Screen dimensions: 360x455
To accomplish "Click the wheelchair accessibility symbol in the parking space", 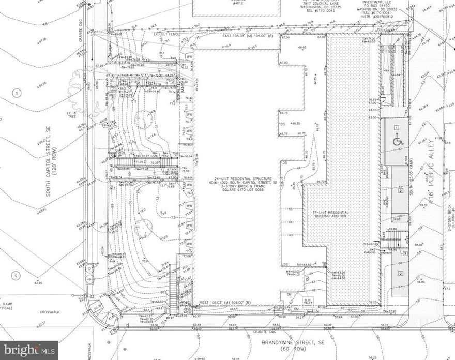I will pos(398,139).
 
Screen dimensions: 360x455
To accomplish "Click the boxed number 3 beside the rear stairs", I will pos(405,253).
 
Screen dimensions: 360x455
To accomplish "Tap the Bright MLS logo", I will pos(29,351).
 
